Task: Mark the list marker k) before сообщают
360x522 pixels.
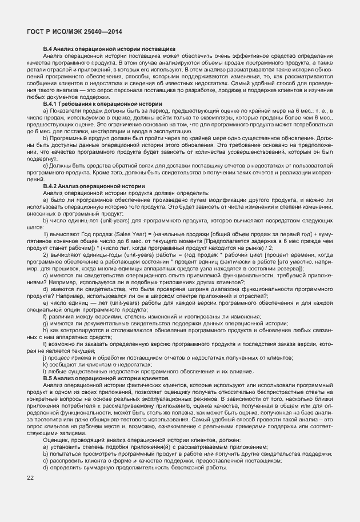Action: pyautogui.click(x=46, y=364)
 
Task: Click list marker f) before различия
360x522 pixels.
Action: pyautogui.click(x=46, y=316)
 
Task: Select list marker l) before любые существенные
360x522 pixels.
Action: pyautogui.click(x=46, y=371)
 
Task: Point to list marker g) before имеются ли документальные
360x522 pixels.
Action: pyautogui.click(x=46, y=323)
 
